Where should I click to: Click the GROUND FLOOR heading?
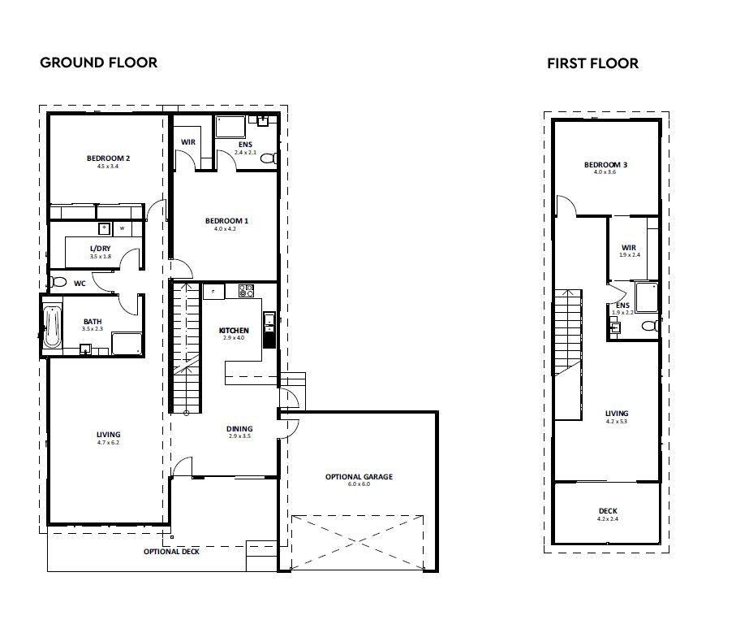click(x=98, y=63)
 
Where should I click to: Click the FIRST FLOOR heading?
click(x=592, y=63)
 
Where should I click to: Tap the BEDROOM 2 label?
click(x=109, y=158)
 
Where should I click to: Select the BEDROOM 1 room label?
click(x=227, y=221)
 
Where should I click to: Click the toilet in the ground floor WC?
click(x=58, y=282)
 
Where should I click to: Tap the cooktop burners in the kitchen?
click(x=247, y=291)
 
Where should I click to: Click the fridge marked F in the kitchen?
click(x=213, y=292)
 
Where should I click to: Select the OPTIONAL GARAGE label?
click(x=359, y=477)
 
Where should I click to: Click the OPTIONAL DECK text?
click(x=171, y=552)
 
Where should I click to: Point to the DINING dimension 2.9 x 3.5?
click(x=240, y=436)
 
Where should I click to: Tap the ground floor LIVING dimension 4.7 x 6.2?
click(x=109, y=443)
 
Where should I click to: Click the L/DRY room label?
click(x=101, y=249)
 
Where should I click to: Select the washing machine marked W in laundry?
click(x=123, y=228)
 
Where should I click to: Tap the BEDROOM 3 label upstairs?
click(x=605, y=165)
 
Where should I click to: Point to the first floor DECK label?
click(x=608, y=511)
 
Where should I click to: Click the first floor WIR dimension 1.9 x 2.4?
click(x=630, y=255)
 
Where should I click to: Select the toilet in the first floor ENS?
click(x=650, y=326)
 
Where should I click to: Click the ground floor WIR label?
click(x=188, y=142)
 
